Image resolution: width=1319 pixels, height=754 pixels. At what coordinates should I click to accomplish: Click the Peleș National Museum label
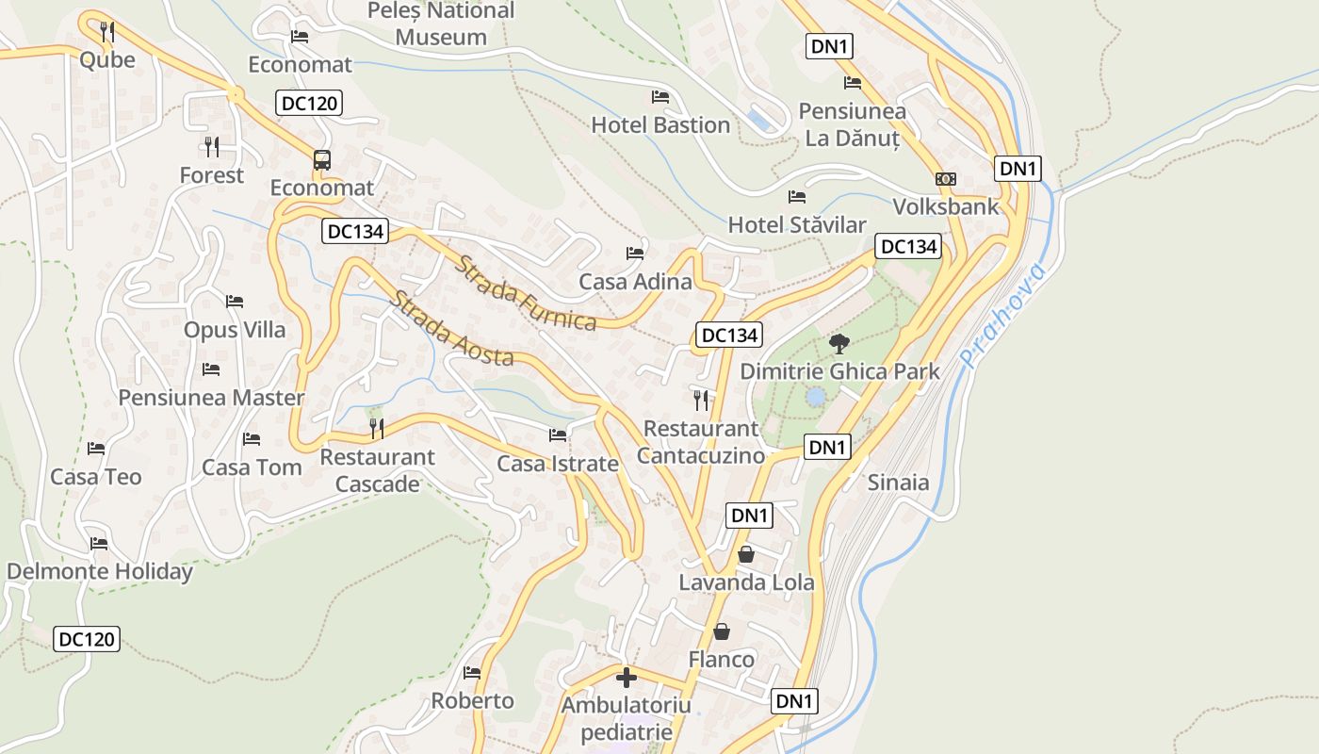441,25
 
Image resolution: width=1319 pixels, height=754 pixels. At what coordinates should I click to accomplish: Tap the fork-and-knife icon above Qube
106,31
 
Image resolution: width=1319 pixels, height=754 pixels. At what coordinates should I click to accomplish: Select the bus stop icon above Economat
322,160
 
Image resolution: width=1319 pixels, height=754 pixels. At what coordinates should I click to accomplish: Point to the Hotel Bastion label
660,124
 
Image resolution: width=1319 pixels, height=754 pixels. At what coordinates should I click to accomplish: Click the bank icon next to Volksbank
945,179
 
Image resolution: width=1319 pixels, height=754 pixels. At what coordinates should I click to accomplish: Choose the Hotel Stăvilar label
797,225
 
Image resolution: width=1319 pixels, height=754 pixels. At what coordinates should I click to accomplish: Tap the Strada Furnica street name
526,293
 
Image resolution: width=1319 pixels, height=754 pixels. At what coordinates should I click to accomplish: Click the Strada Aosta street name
452,329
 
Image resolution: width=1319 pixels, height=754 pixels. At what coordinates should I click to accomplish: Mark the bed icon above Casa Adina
635,254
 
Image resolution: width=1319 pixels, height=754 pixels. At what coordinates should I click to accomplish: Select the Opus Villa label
235,330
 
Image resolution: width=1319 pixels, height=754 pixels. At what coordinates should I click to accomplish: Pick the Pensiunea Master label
211,397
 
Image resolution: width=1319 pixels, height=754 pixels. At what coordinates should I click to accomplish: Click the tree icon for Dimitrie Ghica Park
839,344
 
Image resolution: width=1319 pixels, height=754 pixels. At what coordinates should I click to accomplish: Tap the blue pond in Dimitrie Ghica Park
815,398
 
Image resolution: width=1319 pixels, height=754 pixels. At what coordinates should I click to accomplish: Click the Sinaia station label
898,483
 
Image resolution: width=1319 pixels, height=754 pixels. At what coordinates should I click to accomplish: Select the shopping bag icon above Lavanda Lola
746,554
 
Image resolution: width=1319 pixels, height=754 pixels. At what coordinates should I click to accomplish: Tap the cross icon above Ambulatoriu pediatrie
627,678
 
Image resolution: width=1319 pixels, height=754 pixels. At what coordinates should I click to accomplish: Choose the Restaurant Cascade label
378,470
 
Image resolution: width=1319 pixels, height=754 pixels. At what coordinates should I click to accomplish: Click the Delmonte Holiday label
100,571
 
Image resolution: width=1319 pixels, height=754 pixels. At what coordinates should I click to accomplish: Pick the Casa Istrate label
558,464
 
